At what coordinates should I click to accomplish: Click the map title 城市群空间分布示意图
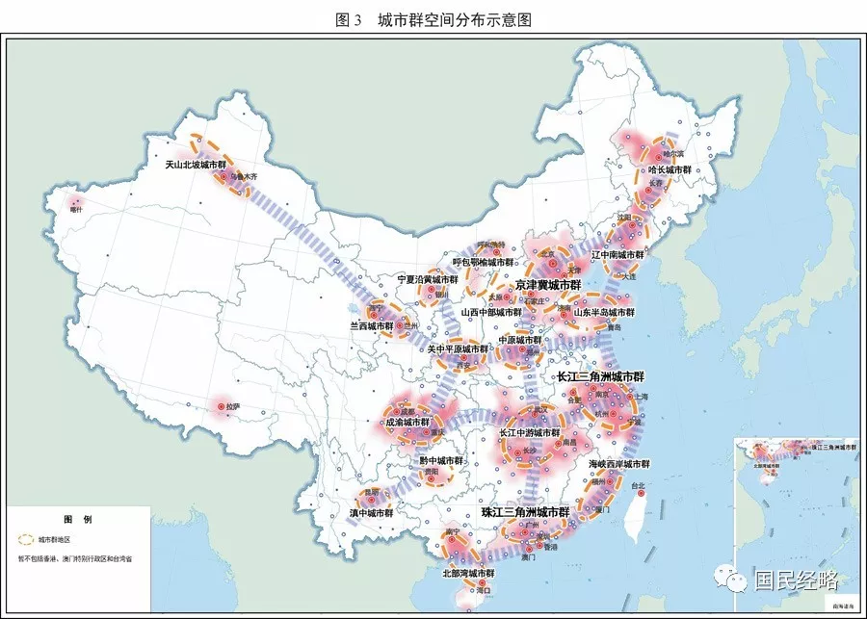click(x=454, y=18)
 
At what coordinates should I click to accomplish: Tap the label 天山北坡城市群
click(x=196, y=165)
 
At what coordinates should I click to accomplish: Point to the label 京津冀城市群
click(x=548, y=285)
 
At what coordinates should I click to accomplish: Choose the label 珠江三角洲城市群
click(x=525, y=512)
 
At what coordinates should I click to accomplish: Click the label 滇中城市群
click(x=372, y=513)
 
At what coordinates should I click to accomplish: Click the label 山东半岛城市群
click(x=604, y=312)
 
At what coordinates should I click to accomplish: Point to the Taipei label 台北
click(x=642, y=486)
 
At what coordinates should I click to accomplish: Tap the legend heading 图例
click(x=77, y=519)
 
